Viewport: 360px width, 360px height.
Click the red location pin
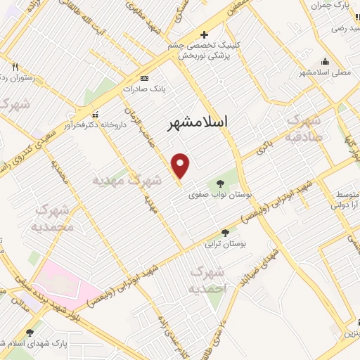pyautogui.click(x=181, y=166)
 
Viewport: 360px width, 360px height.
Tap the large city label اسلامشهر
pyautogui.click(x=199, y=124)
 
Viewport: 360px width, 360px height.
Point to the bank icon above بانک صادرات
pyautogui.click(x=144, y=78)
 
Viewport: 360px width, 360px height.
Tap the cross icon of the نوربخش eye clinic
pyautogui.click(x=204, y=34)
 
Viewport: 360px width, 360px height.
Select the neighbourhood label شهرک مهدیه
pyautogui.click(x=118, y=180)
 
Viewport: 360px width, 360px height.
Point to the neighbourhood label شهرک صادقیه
pyautogui.click(x=304, y=127)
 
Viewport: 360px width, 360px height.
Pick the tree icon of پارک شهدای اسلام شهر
pyautogui.click(x=29, y=333)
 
